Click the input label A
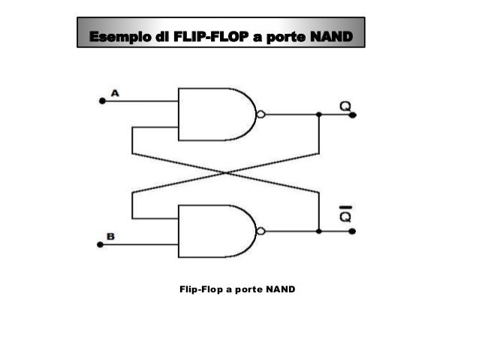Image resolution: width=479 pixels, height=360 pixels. pos(116,92)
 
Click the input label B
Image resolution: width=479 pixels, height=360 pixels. pos(111,236)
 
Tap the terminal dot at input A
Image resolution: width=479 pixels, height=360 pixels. pos(102,99)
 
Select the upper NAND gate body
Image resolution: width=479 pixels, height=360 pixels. pos(214,114)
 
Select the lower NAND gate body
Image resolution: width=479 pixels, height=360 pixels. pos(214,231)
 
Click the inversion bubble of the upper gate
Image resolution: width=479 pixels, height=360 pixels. pos(261,115)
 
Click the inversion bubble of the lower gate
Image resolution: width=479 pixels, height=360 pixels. pos(261,231)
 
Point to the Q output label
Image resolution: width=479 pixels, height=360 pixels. pos(345,106)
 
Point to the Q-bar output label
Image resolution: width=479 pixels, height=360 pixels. pos(345,216)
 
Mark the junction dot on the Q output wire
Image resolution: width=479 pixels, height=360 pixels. pos(319,115)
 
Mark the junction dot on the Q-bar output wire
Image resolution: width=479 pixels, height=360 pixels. pos(319,231)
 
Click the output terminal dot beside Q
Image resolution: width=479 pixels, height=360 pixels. pos(354,115)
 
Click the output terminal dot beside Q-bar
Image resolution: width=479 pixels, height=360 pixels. pos(354,231)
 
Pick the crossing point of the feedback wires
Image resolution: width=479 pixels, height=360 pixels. pos(225,172)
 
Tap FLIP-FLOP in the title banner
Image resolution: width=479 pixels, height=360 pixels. pos(209,36)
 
